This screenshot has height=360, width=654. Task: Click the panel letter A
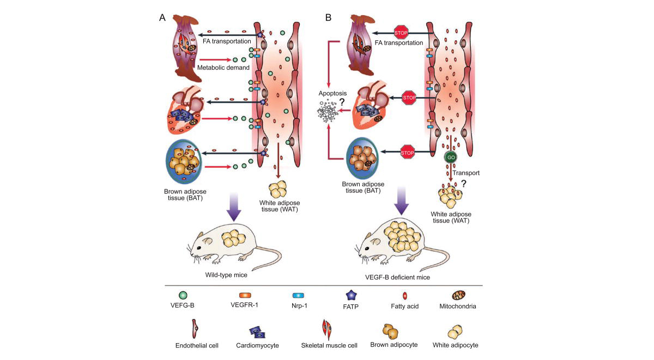click(162, 17)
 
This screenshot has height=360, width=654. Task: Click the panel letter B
click(328, 17)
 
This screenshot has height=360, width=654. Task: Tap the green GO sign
click(451, 157)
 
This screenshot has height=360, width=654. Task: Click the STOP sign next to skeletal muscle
click(401, 33)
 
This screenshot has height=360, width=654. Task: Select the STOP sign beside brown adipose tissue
click(407, 152)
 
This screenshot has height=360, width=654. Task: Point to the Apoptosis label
click(332, 93)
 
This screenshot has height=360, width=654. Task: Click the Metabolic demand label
click(223, 68)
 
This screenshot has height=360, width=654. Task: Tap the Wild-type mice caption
click(226, 275)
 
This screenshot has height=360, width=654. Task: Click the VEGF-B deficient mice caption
click(397, 277)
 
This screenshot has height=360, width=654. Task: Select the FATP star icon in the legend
click(350, 296)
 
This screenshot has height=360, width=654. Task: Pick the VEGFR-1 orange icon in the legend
click(245, 295)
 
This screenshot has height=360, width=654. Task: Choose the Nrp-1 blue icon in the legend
click(298, 296)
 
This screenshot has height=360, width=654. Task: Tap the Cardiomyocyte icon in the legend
click(257, 332)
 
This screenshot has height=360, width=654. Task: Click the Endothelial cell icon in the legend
click(195, 329)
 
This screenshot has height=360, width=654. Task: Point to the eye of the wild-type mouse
click(199, 248)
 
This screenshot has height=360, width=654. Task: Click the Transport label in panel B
click(466, 173)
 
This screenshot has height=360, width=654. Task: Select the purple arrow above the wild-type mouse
click(234, 207)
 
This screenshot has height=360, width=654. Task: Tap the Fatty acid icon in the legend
click(404, 296)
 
